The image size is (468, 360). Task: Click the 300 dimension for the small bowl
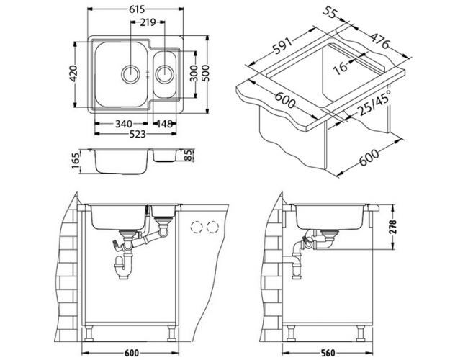coord(193,75)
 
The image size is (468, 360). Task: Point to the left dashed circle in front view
coord(194,228)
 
